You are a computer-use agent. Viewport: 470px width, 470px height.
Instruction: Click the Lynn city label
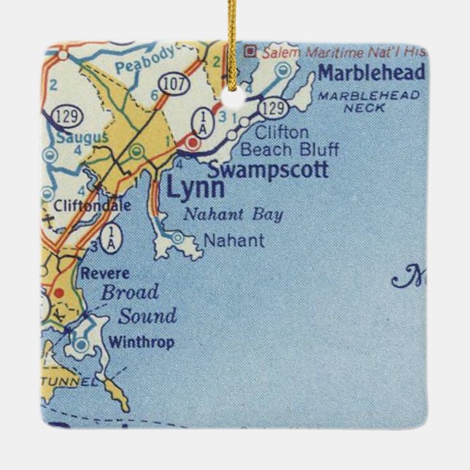185,188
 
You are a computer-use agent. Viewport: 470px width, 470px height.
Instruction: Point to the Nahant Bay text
232,215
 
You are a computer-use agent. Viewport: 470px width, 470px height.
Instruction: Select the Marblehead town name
371,73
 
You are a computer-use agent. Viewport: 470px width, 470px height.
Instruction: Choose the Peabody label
155,55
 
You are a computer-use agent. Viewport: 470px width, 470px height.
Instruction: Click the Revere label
105,274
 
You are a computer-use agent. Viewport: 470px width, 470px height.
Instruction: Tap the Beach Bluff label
289,150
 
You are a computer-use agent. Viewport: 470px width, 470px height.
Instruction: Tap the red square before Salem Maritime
250,50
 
